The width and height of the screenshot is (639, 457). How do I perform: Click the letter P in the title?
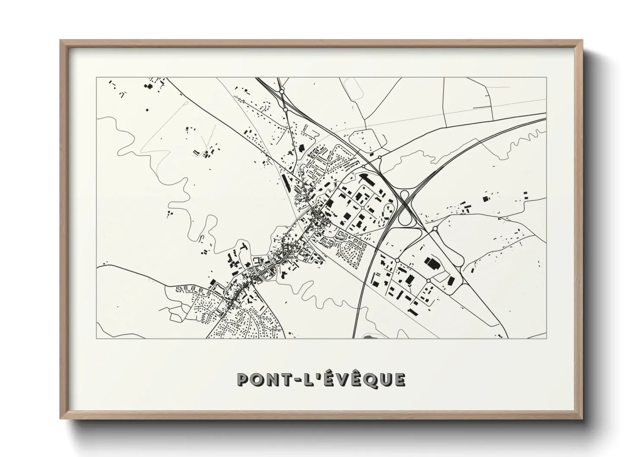click(x=243, y=379)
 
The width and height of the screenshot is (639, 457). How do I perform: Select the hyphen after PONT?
click(x=292, y=380)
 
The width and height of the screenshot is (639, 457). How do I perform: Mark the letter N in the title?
click(x=269, y=379)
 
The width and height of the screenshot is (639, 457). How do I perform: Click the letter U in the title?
click(x=383, y=379)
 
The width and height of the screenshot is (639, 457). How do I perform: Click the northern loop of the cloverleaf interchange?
click(x=405, y=196)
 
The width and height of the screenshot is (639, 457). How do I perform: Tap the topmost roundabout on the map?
click(x=282, y=92)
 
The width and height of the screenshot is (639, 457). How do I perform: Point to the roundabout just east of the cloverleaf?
click(x=435, y=228)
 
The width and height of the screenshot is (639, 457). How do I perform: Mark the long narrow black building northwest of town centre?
click(x=285, y=182)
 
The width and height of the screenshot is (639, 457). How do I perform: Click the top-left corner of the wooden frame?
click(x=61, y=41)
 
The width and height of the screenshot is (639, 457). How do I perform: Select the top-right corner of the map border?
click(x=546, y=78)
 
